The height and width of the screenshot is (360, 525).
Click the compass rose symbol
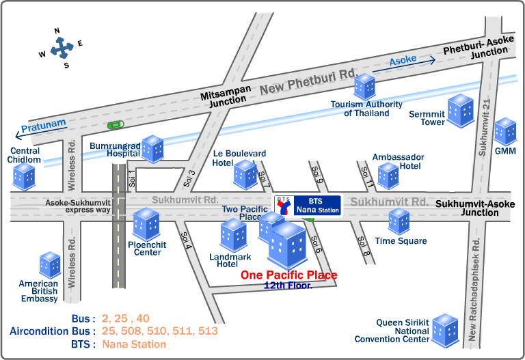(x=62, y=49)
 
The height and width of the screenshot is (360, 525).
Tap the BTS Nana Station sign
(x=308, y=206)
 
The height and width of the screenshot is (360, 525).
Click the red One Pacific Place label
(x=289, y=275)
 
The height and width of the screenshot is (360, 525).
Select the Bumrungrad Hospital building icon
(x=152, y=149)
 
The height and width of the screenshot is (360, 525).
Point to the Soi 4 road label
(x=186, y=240)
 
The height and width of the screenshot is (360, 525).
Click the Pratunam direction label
(x=44, y=126)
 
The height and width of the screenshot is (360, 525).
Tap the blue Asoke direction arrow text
(x=403, y=60)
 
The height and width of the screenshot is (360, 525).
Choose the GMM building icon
(x=505, y=131)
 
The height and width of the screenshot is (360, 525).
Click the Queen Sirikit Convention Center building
(x=445, y=331)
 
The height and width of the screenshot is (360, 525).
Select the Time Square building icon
(x=399, y=221)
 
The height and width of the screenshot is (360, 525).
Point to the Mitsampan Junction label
(x=226, y=96)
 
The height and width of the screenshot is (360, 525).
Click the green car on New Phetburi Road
(x=116, y=125)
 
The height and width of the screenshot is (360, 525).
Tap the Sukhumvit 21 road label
(x=485, y=128)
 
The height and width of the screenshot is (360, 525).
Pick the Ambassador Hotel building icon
(x=388, y=176)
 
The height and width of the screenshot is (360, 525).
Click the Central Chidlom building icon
(x=24, y=177)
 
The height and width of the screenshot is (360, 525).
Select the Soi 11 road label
(x=367, y=177)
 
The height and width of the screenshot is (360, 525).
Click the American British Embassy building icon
(x=50, y=265)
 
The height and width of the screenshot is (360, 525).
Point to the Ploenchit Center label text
(x=147, y=249)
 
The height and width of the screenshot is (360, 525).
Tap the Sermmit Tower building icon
(x=461, y=111)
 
